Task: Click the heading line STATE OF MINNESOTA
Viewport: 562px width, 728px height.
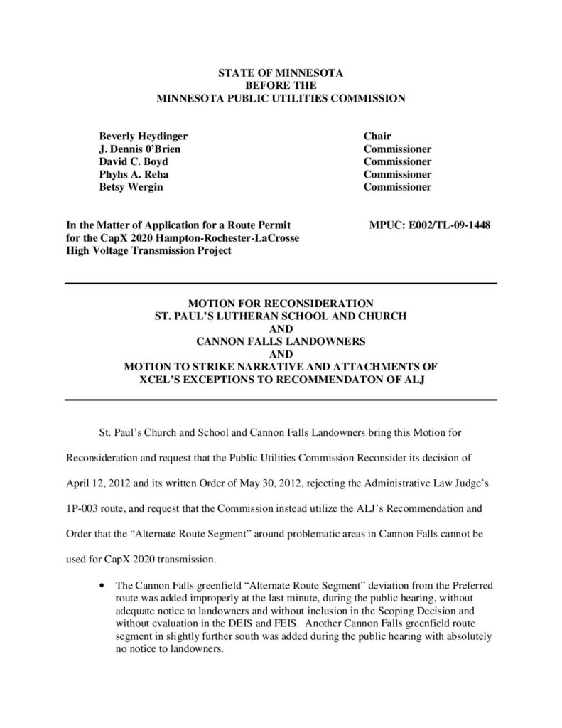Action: tap(280, 73)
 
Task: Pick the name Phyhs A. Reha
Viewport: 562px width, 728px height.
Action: tap(134, 175)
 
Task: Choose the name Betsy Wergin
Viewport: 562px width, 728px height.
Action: tap(129, 188)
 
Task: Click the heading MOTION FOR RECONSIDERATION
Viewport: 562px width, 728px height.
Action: tap(281, 302)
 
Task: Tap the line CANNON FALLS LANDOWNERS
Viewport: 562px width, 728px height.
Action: tap(281, 341)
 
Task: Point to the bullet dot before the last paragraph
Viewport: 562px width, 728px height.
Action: tap(104, 586)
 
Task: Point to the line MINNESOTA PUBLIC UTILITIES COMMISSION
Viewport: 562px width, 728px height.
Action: tap(281, 98)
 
